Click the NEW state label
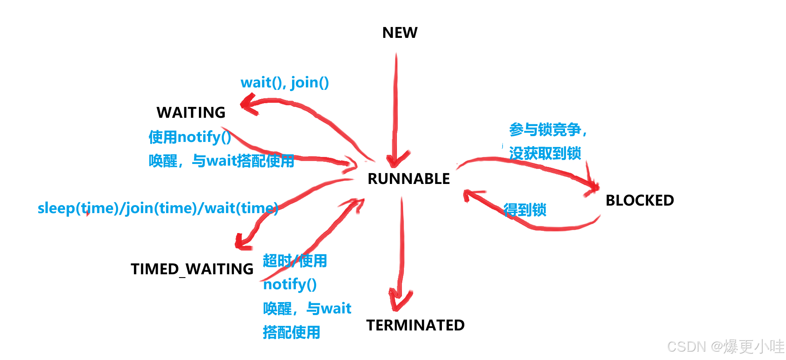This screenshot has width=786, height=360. pyautogui.click(x=399, y=33)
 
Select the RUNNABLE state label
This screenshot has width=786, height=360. pyautogui.click(x=409, y=179)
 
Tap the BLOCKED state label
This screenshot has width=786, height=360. pyautogui.click(x=640, y=201)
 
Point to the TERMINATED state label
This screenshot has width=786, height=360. pyautogui.click(x=415, y=325)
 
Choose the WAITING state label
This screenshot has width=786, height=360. pyautogui.click(x=191, y=113)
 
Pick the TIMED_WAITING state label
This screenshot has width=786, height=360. pyautogui.click(x=192, y=269)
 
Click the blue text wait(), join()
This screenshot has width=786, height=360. pyautogui.click(x=285, y=82)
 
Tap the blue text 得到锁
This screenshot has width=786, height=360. pyautogui.click(x=525, y=210)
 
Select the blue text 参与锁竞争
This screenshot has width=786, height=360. pyautogui.click(x=545, y=130)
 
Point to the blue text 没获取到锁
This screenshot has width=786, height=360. pyautogui.click(x=545, y=154)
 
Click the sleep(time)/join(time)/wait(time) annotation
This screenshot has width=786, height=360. pyautogui.click(x=158, y=208)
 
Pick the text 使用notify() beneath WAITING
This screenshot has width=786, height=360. pyautogui.click(x=190, y=137)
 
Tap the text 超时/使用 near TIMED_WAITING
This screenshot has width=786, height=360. pyautogui.click(x=295, y=261)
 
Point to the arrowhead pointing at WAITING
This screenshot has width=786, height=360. pyautogui.click(x=249, y=104)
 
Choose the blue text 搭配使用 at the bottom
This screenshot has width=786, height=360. pyautogui.click(x=291, y=333)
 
